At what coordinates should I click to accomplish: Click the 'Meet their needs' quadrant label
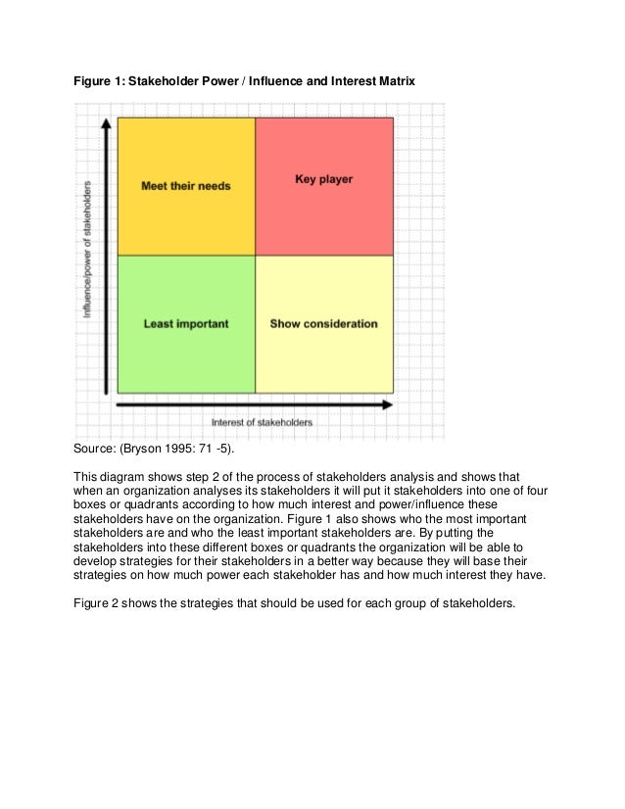(x=186, y=186)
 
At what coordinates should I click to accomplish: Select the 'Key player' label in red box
(x=323, y=180)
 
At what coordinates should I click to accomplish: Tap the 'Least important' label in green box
(x=186, y=324)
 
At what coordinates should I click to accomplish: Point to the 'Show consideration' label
(x=323, y=324)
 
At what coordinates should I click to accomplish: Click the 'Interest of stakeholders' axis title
(x=263, y=423)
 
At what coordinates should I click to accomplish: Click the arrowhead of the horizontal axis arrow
(x=387, y=404)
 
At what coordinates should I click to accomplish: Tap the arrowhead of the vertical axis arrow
(x=103, y=124)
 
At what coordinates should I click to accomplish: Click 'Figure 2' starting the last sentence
(x=99, y=602)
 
